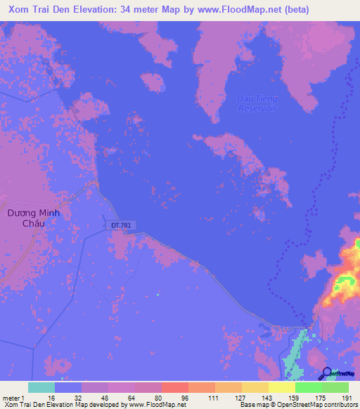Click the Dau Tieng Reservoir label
point(257,104)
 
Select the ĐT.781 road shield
point(120,225)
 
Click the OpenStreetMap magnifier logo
point(327,373)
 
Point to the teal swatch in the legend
point(41,387)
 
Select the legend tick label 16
point(51,398)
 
